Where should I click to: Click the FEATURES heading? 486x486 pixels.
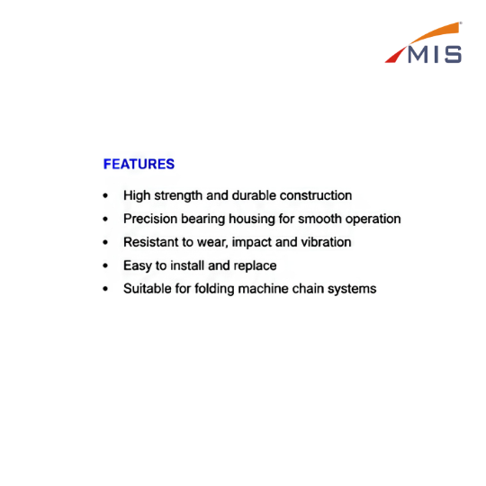pyautogui.click(x=139, y=164)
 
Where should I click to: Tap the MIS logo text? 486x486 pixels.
pyautogui.click(x=435, y=55)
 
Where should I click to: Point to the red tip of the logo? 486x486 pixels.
pyautogui.click(x=395, y=56)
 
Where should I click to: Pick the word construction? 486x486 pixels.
pyautogui.click(x=316, y=195)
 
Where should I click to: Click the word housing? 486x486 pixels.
pyautogui.click(x=252, y=219)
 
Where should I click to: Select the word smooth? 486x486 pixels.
pyautogui.click(x=319, y=219)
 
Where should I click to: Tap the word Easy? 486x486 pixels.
pyautogui.click(x=138, y=265)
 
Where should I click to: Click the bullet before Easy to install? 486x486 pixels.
pyautogui.click(x=105, y=265)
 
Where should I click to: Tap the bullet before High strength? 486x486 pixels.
pyautogui.click(x=105, y=195)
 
